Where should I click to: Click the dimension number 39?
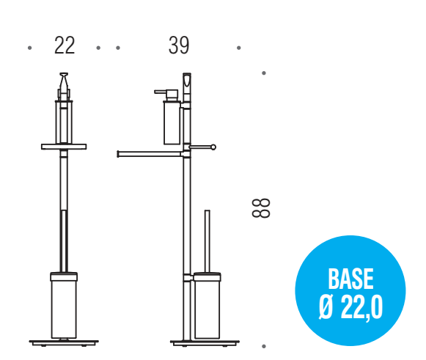[179, 45]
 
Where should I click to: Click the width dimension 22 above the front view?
[65, 45]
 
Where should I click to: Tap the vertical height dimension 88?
[261, 207]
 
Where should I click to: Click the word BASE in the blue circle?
[350, 279]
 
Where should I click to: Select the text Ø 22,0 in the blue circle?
[350, 307]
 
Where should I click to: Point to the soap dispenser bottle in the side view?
[172, 122]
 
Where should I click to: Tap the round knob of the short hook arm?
[213, 147]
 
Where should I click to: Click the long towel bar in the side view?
[150, 154]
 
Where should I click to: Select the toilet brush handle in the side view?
[207, 241]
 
